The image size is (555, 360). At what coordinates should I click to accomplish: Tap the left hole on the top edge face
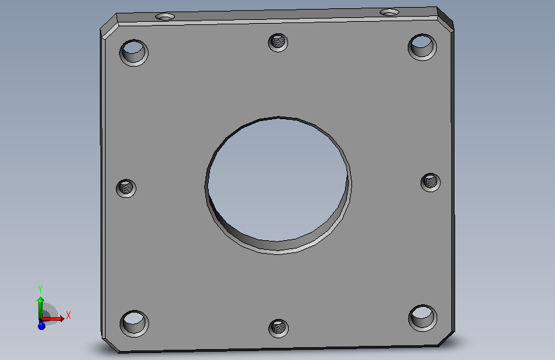point(165,17)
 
